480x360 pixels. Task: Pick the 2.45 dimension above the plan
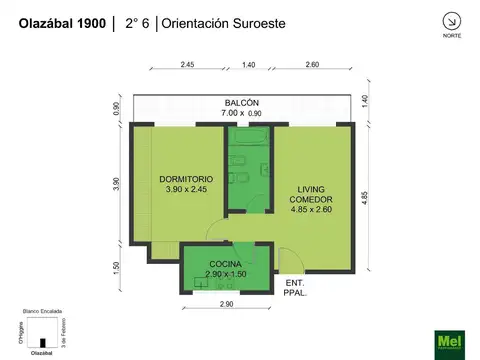[x=188, y=65]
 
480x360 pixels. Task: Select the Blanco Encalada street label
[x=40, y=313]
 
